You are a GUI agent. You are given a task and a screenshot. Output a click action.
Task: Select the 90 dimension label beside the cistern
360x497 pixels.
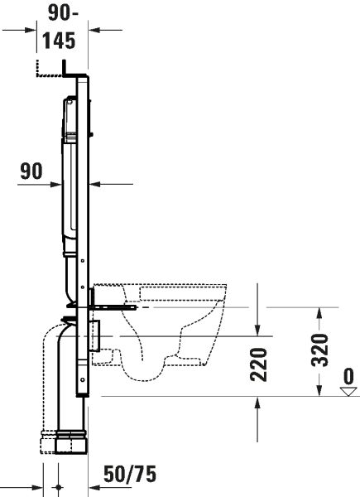31,171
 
